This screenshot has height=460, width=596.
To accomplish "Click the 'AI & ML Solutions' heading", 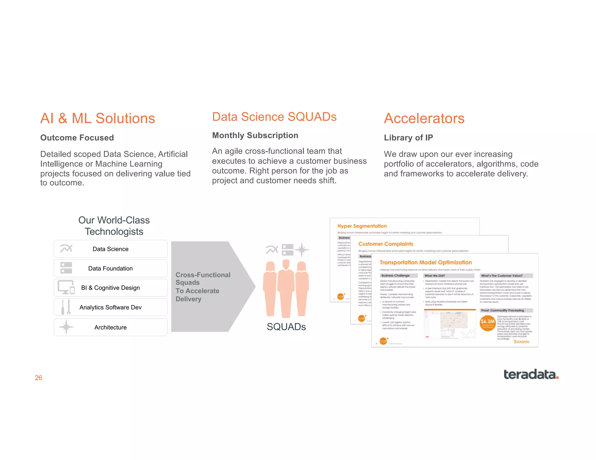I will coord(97,118).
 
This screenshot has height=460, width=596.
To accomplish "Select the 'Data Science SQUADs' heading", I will coord(274,117).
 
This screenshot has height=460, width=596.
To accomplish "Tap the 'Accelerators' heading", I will coord(424,118).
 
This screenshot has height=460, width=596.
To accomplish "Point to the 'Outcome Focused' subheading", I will coord(77,138).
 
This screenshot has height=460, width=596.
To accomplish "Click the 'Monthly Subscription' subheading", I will coord(255,135).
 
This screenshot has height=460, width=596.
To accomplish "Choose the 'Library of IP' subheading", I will coord(408,138).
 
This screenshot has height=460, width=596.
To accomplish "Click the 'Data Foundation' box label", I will coord(110,268).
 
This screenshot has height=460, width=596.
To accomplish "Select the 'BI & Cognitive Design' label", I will coord(110,288).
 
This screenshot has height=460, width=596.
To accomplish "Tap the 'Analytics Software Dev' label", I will coord(110,307).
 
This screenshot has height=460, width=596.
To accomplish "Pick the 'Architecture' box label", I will coord(110,327).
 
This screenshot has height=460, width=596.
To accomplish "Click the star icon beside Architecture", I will coord(66,327).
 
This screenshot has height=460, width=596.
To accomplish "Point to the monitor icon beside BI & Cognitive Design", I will coord(66,287).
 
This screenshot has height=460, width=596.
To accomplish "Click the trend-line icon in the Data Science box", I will coord(66,248).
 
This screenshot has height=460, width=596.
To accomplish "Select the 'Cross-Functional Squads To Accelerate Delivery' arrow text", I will coord(203,287).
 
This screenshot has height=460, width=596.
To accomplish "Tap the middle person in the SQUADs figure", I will coord(286,288).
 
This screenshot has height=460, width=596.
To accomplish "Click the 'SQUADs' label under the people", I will coord(286,327).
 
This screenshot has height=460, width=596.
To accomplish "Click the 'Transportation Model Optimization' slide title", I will coord(425,262).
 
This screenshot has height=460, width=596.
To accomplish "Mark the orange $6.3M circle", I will coord(487,323).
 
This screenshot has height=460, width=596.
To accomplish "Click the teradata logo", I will coord(531,375).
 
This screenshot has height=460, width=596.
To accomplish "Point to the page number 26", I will coord(38,378).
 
